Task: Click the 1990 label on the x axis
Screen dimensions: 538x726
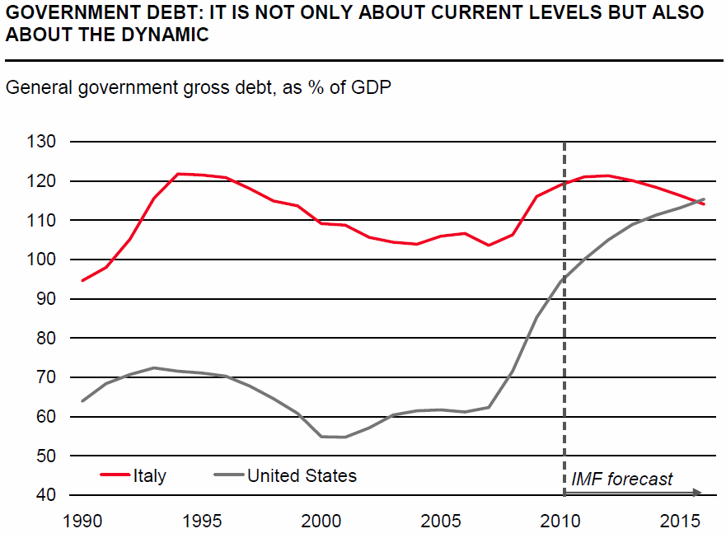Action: pyautogui.click(x=82, y=521)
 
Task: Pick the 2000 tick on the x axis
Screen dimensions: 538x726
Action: pyautogui.click(x=321, y=521)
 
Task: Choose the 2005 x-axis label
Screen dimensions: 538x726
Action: pyautogui.click(x=441, y=521)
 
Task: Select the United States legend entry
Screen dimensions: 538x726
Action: pyautogui.click(x=302, y=475)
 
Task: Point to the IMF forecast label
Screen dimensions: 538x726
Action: pyautogui.click(x=622, y=479)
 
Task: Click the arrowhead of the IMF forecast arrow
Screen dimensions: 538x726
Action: pyautogui.click(x=698, y=493)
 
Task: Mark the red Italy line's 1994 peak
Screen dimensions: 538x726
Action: pyautogui.click(x=178, y=174)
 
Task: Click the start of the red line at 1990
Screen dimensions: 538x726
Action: pyautogui.click(x=82, y=280)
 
